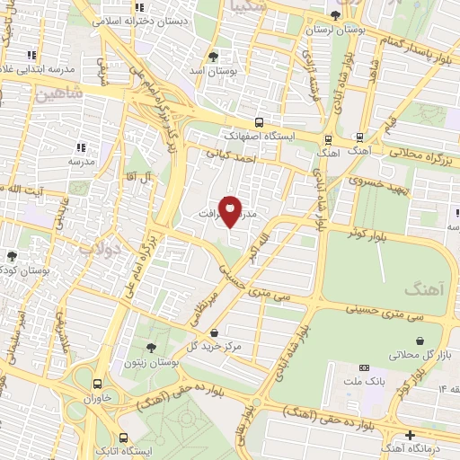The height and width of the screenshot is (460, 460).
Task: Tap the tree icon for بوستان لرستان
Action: pos(336,14)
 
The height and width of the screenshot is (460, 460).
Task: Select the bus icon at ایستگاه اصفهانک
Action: pos(259,122)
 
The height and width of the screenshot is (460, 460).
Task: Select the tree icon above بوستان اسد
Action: pos(213,55)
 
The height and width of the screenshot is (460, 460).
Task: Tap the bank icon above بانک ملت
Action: pos(364,368)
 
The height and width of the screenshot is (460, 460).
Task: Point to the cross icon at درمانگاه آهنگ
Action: pos(411,435)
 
